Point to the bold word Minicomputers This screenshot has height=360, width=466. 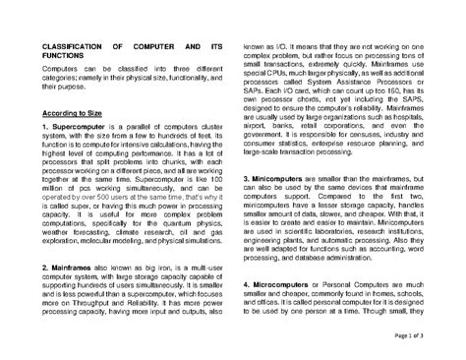286,182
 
